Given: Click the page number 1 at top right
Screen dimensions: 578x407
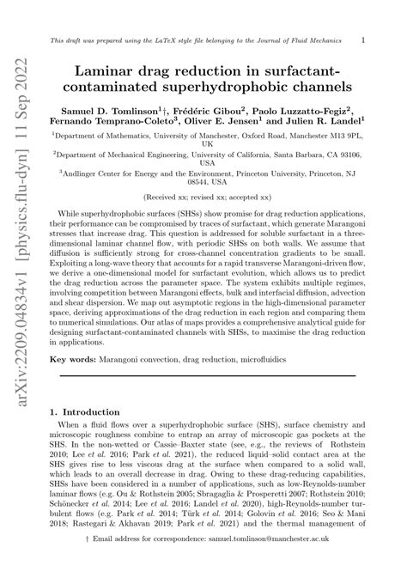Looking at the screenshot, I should point(363,40).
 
